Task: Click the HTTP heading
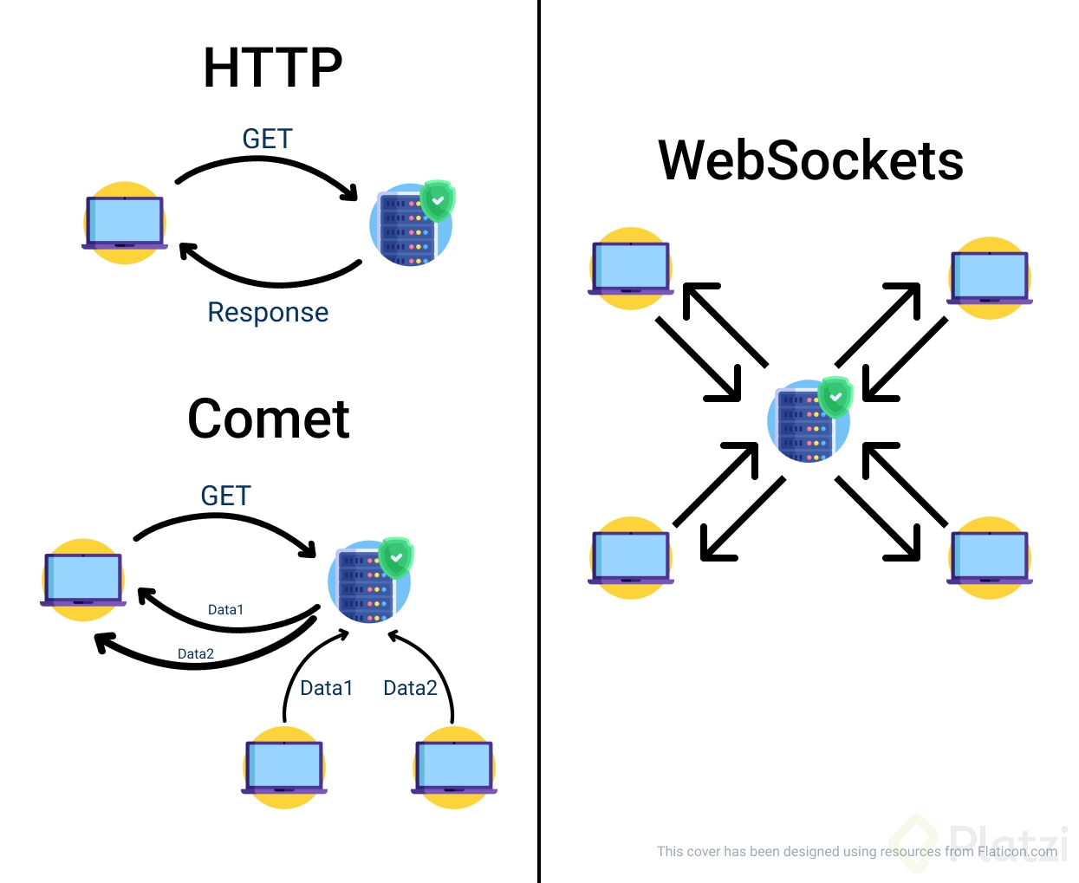(x=273, y=68)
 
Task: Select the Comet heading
(x=269, y=419)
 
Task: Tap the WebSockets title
(x=810, y=161)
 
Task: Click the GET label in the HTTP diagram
(x=267, y=139)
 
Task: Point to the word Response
(x=268, y=312)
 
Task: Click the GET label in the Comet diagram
(x=225, y=496)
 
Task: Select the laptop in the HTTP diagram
(x=125, y=223)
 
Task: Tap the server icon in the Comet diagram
(x=367, y=582)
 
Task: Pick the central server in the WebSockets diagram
(x=808, y=421)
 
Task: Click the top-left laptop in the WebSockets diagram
(x=631, y=269)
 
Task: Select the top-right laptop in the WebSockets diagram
(x=990, y=278)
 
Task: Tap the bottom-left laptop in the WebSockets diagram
(x=631, y=557)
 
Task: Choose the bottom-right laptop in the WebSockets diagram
(x=990, y=557)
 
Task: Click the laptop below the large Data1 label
(x=284, y=767)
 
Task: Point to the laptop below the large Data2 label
(x=454, y=767)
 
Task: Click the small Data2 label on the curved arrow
(x=196, y=653)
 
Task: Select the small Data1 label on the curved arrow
(x=225, y=609)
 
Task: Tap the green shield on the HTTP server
(x=438, y=200)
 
